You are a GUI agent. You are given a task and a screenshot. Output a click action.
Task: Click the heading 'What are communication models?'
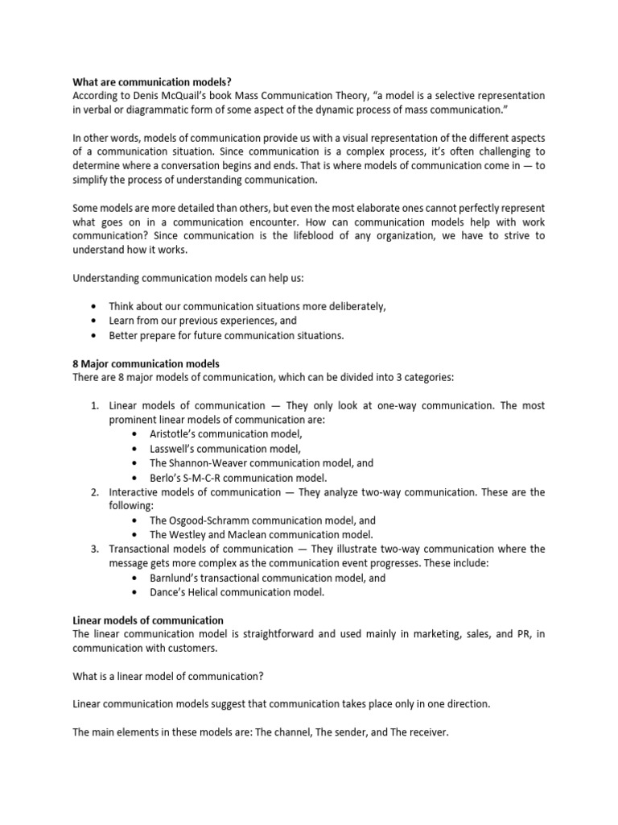[141, 81]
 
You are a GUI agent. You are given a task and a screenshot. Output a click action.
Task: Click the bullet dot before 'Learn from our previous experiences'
[95, 321]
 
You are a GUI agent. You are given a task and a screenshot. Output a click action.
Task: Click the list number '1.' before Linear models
[94, 406]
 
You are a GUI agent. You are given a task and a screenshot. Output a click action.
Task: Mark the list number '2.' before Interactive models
[94, 492]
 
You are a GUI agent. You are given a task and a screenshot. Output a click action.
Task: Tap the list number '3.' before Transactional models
[94, 549]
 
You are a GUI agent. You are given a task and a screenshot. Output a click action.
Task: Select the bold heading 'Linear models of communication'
[148, 620]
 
